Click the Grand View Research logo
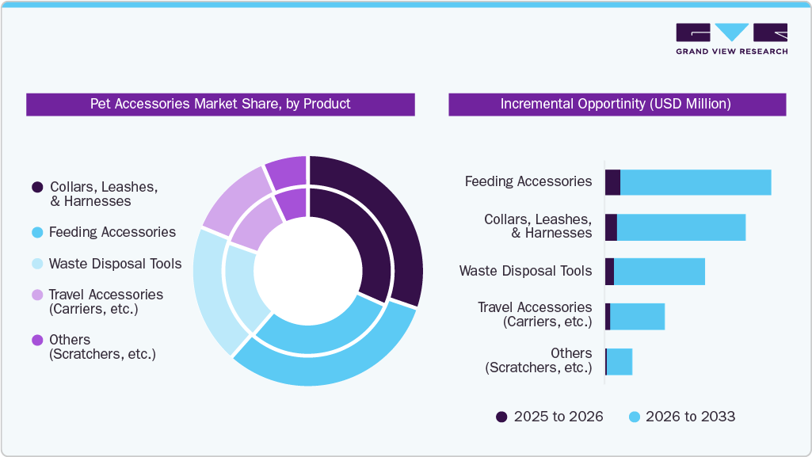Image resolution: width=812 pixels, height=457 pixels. click(731, 39)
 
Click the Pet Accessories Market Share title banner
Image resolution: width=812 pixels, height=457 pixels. click(220, 105)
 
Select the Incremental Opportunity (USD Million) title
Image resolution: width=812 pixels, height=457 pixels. click(616, 105)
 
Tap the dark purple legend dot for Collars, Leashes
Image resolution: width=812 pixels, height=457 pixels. click(37, 188)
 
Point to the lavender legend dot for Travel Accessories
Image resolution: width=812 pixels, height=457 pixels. click(37, 295)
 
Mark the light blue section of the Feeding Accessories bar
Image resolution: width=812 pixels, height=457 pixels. click(696, 182)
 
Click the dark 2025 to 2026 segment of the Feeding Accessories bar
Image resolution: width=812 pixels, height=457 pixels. click(612, 182)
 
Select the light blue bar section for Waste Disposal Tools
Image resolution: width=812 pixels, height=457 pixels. click(659, 271)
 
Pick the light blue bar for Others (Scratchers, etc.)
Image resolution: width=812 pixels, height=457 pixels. click(619, 361)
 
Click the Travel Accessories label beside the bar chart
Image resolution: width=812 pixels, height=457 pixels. click(535, 314)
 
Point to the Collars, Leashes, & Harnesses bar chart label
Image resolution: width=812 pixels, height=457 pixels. click(538, 226)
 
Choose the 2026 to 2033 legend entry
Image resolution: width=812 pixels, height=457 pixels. click(681, 417)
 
